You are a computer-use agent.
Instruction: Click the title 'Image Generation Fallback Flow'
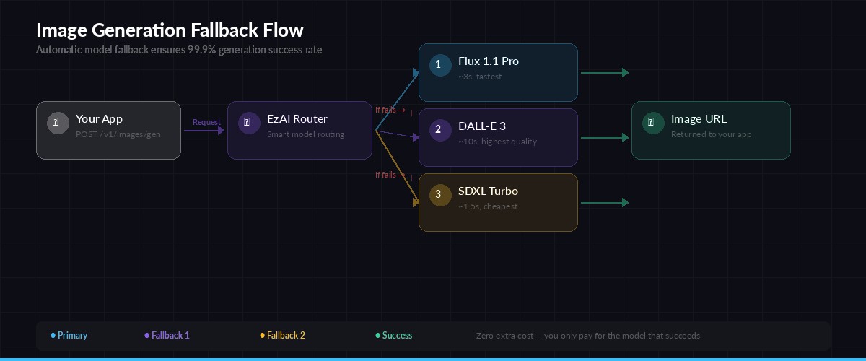tap(170, 30)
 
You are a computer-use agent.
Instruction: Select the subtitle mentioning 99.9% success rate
tap(179, 50)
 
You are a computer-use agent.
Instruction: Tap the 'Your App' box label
tap(99, 119)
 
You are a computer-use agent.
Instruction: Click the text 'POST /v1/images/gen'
tap(118, 134)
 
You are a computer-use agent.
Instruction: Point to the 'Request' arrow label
tap(206, 122)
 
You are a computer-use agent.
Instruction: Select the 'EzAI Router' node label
tap(297, 119)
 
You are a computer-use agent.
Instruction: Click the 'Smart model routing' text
tap(305, 134)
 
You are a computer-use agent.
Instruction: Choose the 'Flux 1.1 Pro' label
tap(488, 61)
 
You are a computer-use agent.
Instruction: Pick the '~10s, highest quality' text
tap(497, 142)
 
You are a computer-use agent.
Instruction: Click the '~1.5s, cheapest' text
tap(487, 206)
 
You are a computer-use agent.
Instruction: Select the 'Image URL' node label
tap(699, 119)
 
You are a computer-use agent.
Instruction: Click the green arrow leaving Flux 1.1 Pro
tap(604, 72)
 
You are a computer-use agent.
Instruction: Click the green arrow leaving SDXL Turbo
tap(604, 202)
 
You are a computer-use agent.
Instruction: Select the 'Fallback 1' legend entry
tap(167, 336)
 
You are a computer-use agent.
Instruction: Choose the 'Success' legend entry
tap(394, 336)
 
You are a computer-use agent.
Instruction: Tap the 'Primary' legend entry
tap(69, 336)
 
